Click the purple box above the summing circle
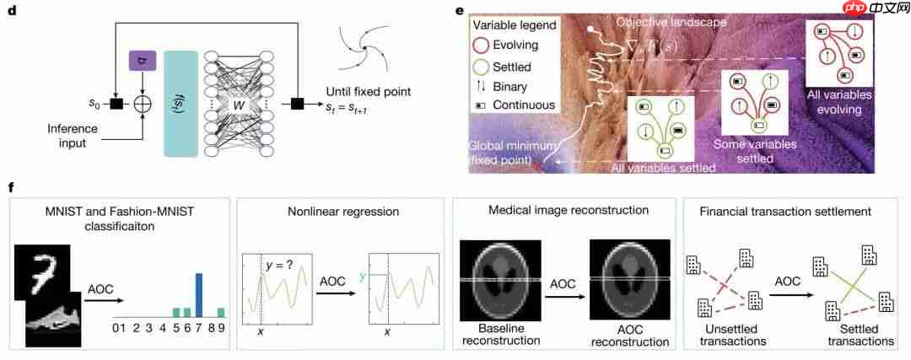(x=139, y=60)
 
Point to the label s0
(x=95, y=104)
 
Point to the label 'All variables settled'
(x=664, y=169)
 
